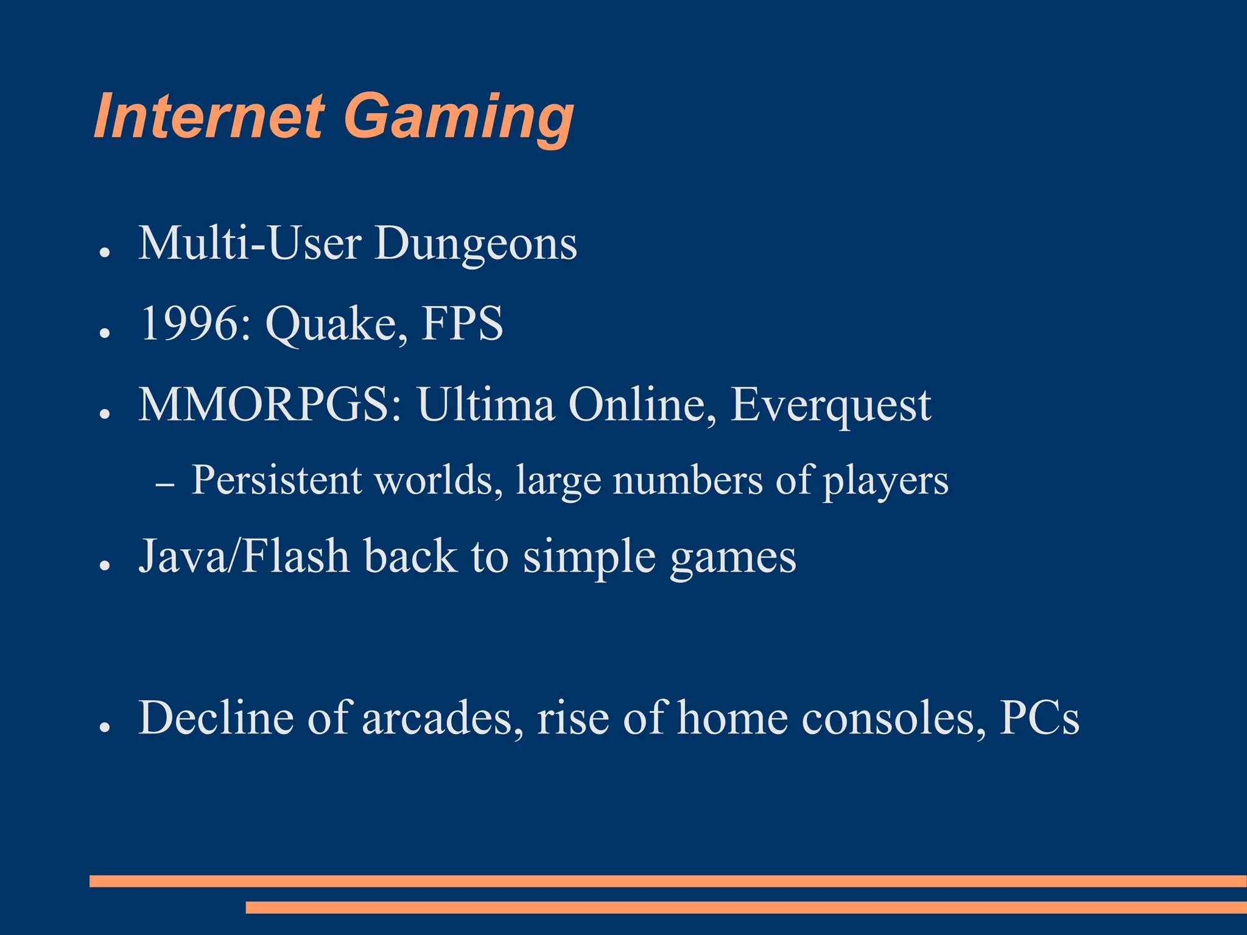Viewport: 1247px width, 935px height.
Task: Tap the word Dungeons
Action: click(x=476, y=243)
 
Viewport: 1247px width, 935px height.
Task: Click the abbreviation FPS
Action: click(x=462, y=323)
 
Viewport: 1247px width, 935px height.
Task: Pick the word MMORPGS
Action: click(x=270, y=404)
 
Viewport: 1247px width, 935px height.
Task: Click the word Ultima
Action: click(x=486, y=404)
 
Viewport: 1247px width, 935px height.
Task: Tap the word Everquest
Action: click(x=831, y=405)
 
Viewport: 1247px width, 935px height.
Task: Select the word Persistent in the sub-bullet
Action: click(x=276, y=480)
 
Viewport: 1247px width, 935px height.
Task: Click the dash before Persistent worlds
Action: click(x=164, y=485)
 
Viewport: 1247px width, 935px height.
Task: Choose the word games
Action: click(x=733, y=558)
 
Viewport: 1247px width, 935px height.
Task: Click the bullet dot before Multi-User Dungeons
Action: click(x=105, y=252)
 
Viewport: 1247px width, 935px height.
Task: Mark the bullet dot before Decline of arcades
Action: click(x=105, y=727)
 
